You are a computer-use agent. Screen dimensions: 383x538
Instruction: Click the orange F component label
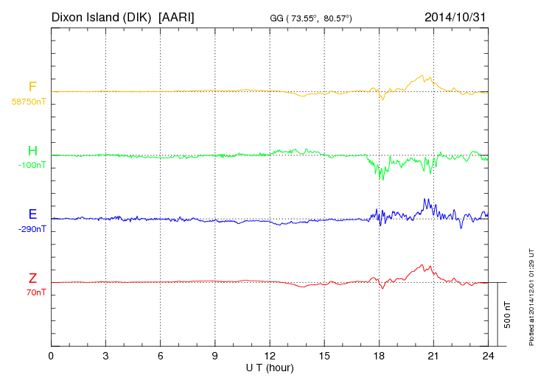point(32,87)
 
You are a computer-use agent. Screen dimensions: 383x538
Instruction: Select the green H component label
point(32,151)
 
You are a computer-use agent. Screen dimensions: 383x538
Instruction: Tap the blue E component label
point(32,214)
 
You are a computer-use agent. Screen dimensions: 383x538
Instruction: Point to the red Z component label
point(32,278)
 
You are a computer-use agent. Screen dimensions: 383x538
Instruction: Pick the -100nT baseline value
point(32,165)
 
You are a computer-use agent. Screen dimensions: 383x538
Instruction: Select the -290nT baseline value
point(32,229)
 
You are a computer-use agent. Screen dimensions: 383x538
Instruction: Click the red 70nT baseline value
point(35,292)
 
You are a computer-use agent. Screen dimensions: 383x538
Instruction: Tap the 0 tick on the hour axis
point(51,356)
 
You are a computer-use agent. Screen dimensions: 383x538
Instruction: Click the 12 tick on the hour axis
point(270,356)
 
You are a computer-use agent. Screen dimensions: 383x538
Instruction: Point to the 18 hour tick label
point(379,356)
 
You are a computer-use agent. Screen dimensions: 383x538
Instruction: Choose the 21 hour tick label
point(433,356)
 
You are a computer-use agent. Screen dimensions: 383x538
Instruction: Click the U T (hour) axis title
point(269,367)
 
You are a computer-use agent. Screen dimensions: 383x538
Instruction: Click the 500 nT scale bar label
point(508,315)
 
